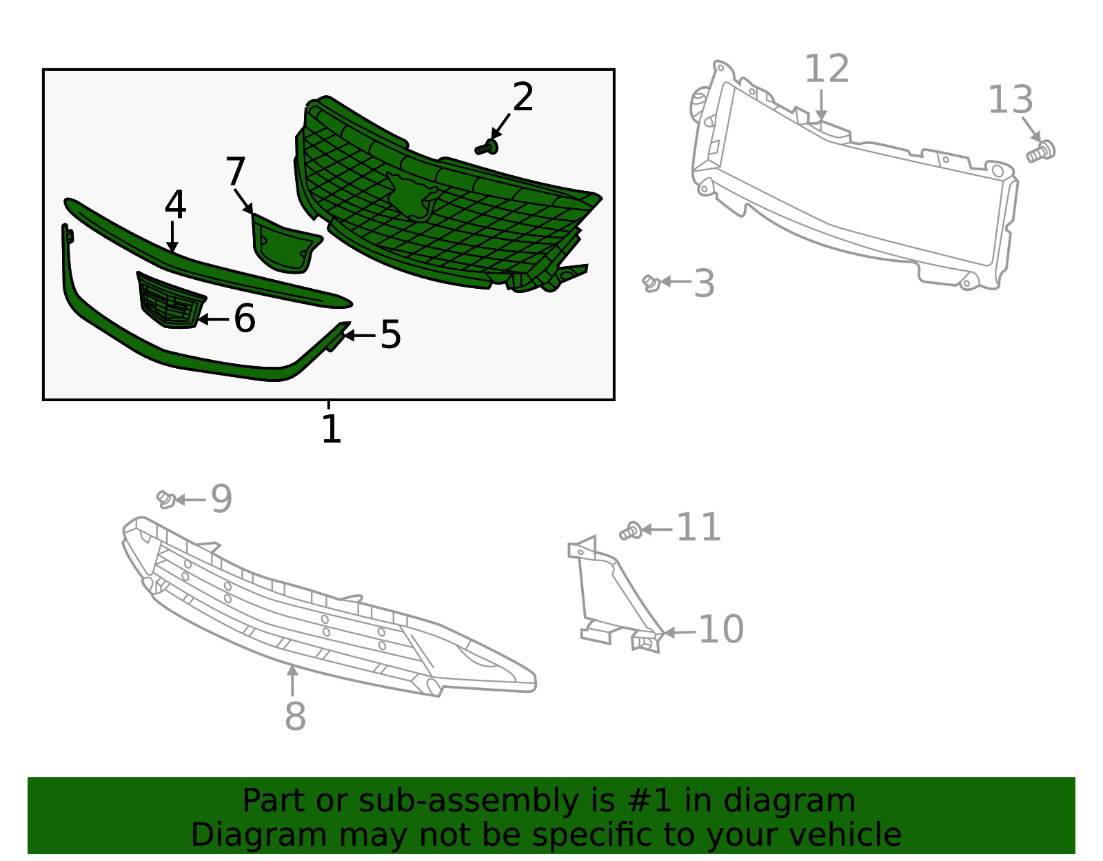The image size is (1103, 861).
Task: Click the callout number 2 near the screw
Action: (x=523, y=97)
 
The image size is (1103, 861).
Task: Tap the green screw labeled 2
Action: (x=487, y=148)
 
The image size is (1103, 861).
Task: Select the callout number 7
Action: (x=236, y=172)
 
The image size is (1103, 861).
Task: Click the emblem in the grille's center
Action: (x=413, y=196)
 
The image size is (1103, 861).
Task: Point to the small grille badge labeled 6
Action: (x=172, y=301)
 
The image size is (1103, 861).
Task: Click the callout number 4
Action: (x=175, y=205)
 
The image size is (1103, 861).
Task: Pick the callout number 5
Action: (x=391, y=334)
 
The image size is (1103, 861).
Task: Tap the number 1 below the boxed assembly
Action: (x=332, y=429)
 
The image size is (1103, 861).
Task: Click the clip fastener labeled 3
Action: (x=651, y=283)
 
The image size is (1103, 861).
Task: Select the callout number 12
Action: (x=827, y=69)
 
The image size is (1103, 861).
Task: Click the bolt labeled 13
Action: (x=1040, y=152)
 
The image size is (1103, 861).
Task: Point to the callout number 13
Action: (x=1011, y=99)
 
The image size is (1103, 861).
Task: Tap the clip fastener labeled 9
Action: (x=166, y=499)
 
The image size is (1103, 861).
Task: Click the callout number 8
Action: (x=296, y=716)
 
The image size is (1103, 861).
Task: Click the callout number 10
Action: (x=721, y=629)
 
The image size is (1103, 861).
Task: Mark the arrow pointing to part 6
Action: (x=213, y=319)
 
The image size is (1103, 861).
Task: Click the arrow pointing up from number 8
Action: (x=292, y=680)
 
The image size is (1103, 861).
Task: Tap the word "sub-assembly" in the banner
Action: (x=468, y=800)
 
